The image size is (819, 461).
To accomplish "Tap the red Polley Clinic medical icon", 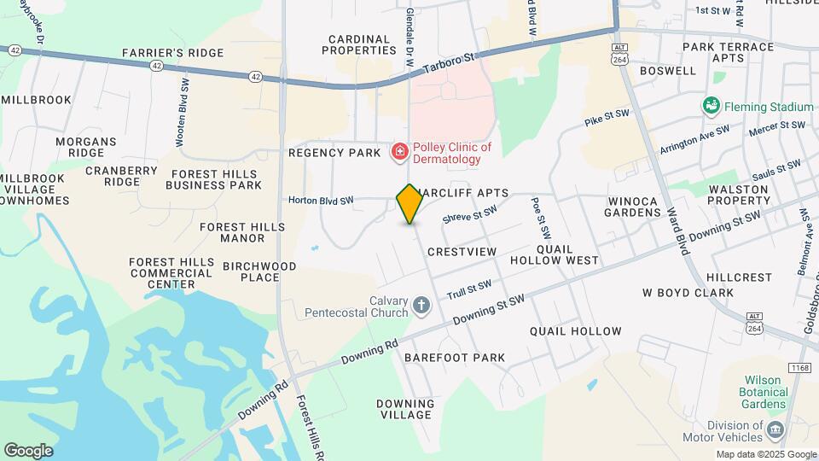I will point(398,153).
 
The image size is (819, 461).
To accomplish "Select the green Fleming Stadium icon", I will point(711,106).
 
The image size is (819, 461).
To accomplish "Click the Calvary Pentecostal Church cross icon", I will point(421,305).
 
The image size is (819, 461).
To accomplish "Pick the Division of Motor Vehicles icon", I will point(775,429).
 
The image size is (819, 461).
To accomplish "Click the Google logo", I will point(28,451).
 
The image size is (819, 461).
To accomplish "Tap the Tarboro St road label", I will point(450,62).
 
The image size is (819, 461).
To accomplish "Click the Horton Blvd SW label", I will point(321,201).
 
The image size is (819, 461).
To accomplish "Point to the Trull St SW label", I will point(469,290).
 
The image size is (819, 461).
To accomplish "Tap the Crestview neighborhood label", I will point(462,252).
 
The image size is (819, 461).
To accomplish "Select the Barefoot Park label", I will point(455,358).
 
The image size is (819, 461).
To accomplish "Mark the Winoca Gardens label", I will point(633,207).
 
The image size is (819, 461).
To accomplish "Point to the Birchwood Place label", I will point(259,271).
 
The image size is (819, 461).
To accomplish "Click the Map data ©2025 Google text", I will point(765,454).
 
